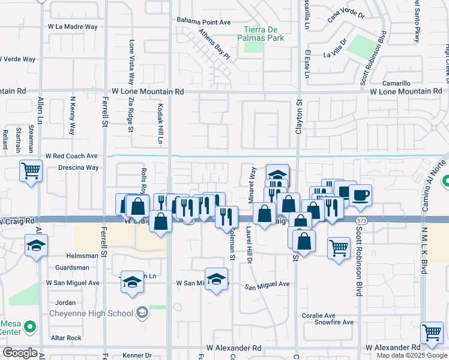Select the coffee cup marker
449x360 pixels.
[x=360, y=196]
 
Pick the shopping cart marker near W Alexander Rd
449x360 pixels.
[x=432, y=333]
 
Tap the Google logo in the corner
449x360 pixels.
[x=20, y=353]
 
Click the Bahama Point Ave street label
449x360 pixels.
[x=203, y=22]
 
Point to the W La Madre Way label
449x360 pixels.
[x=73, y=27]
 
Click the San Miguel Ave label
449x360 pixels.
[x=267, y=284]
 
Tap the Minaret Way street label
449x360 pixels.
[x=253, y=183]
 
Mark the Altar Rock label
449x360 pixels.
[x=65, y=338]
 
